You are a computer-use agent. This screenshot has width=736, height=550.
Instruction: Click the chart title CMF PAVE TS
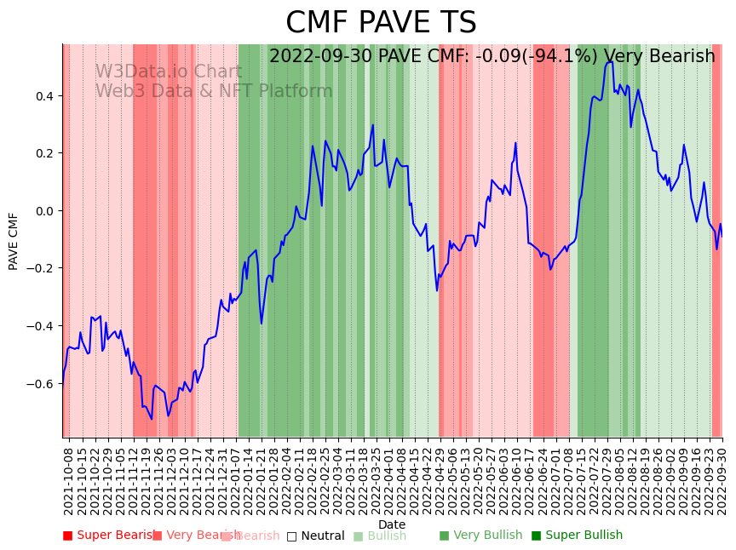pos(381,23)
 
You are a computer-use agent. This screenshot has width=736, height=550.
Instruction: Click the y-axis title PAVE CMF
pos(14,242)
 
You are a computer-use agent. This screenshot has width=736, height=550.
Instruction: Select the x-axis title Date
pos(392,524)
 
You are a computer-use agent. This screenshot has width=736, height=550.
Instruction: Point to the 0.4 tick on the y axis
pos(43,96)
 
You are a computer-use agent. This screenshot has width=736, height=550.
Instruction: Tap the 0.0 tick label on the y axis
pos(43,211)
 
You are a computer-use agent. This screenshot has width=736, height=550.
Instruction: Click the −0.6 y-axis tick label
pos(39,384)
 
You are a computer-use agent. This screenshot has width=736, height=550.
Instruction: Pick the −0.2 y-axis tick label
pos(39,269)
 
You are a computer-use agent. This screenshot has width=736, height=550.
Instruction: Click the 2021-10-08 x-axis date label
pos(69,480)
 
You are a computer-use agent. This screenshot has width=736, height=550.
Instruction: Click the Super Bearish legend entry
pos(109,536)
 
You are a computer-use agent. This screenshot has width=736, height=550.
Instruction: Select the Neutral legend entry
pos(316,536)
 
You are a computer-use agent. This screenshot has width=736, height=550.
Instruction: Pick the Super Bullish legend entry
pos(578,536)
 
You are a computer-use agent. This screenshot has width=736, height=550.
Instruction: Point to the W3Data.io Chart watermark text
pos(168,72)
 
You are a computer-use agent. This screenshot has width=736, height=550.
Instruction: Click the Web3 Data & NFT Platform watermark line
pos(213,92)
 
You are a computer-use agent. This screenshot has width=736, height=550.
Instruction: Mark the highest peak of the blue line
pos(611,61)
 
